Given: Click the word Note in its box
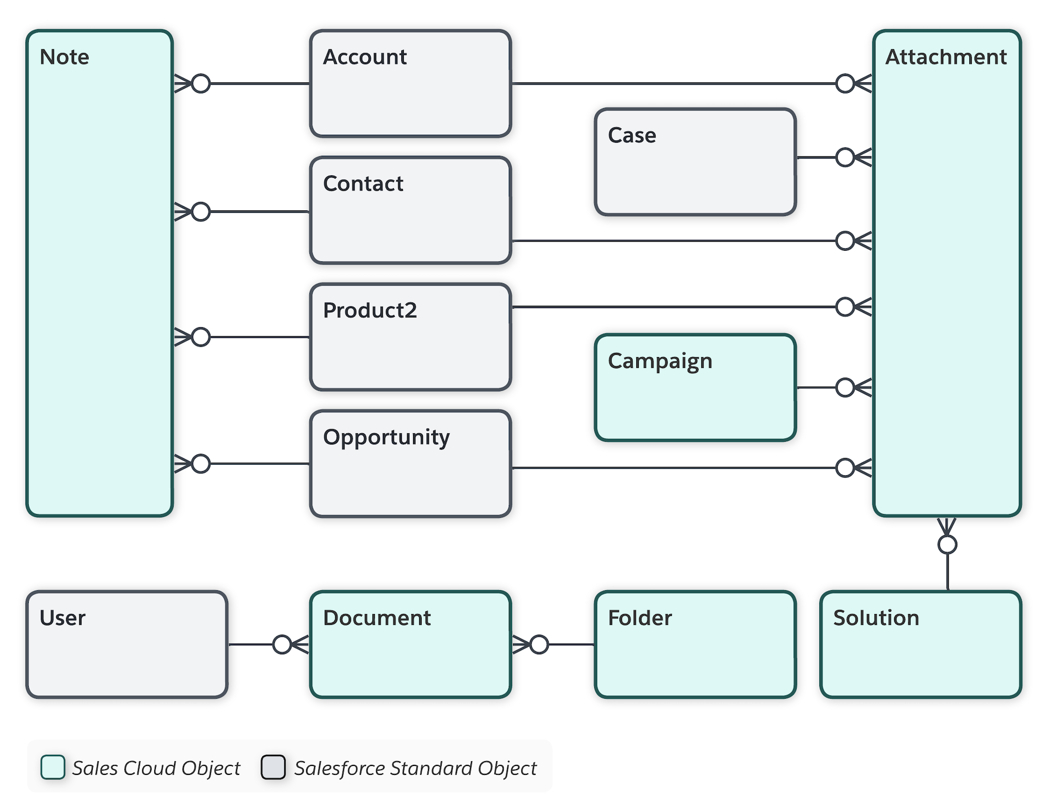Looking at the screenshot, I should pyautogui.click(x=65, y=57).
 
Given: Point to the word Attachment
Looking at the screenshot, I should pyautogui.click(x=946, y=57).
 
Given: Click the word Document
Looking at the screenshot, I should pyautogui.click(x=377, y=618).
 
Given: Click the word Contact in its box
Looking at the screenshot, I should pyautogui.click(x=363, y=184).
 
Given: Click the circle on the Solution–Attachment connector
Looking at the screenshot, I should pyautogui.click(x=947, y=545).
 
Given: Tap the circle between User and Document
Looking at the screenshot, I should pyautogui.click(x=282, y=644).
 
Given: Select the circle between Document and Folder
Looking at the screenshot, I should pyautogui.click(x=539, y=644).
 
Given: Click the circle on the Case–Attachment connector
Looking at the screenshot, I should pyautogui.click(x=845, y=157).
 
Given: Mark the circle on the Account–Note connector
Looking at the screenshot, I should pyautogui.click(x=201, y=83).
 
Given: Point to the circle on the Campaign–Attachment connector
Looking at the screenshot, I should pyautogui.click(x=845, y=388).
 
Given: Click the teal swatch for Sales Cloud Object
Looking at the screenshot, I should pyautogui.click(x=53, y=767).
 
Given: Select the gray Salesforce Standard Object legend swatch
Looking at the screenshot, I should pyautogui.click(x=273, y=767).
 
